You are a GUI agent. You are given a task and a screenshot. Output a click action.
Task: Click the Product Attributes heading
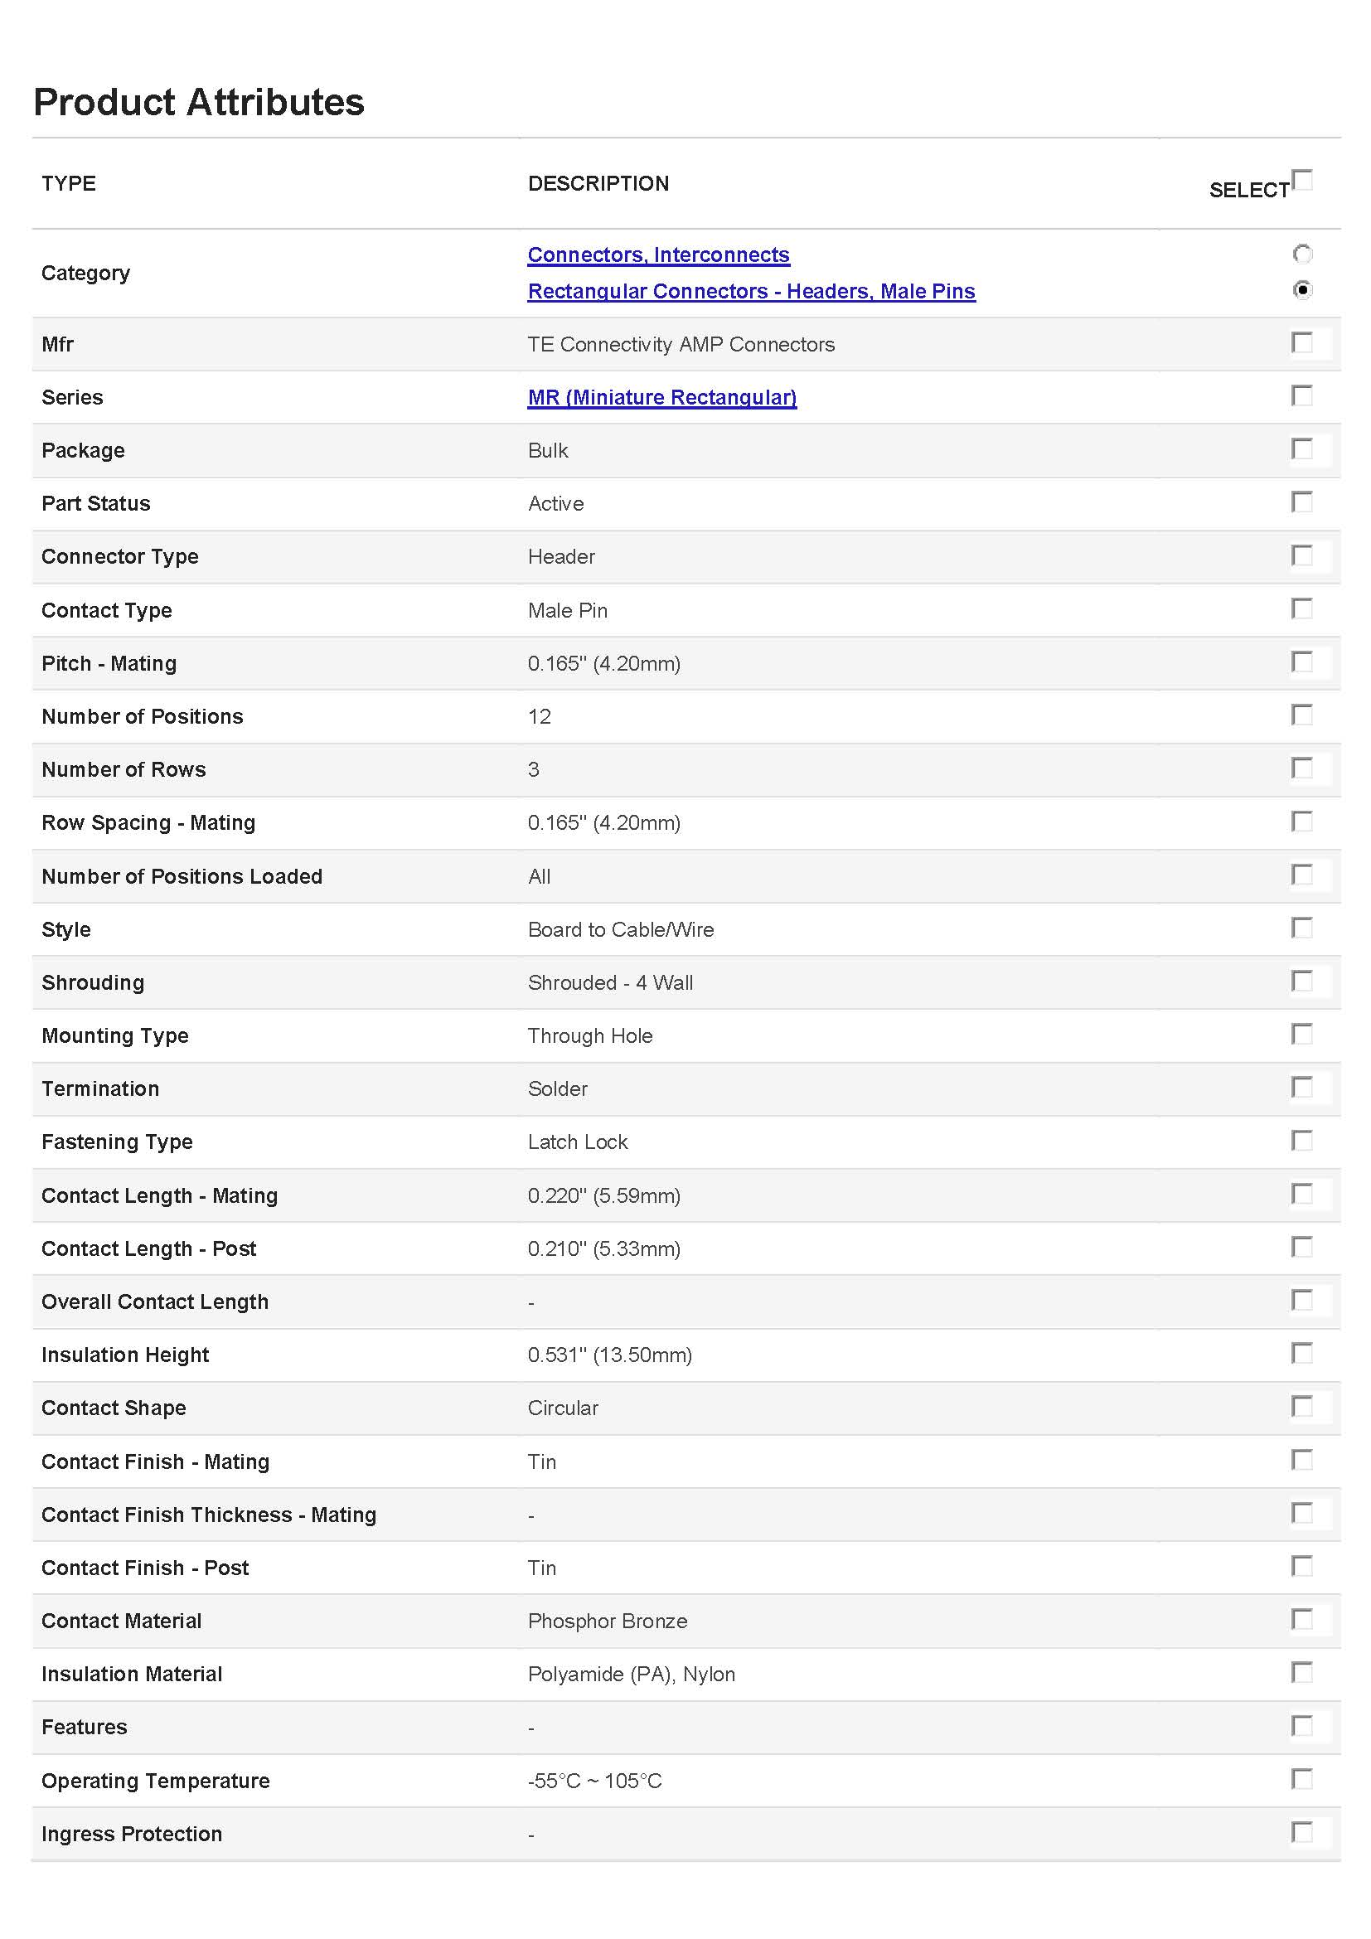[x=198, y=102]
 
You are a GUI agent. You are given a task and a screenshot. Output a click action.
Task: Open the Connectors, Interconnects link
[x=658, y=254]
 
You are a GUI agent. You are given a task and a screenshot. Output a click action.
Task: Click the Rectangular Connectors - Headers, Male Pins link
[x=751, y=291]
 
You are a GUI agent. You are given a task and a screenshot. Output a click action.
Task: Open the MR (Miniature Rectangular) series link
[x=661, y=397]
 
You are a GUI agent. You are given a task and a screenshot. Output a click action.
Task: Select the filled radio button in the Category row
[x=1303, y=289]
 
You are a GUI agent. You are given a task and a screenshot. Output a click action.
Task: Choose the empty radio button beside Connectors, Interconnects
[x=1303, y=254]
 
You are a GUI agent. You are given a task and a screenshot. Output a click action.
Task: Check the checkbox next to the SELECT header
[x=1303, y=180]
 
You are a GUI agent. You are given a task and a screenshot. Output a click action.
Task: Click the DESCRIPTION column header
[x=598, y=183]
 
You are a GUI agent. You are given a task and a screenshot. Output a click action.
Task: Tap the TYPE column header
[x=68, y=183]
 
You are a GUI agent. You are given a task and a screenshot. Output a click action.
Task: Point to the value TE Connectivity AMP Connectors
[x=681, y=345]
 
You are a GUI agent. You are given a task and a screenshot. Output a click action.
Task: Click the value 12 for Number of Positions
[x=540, y=717]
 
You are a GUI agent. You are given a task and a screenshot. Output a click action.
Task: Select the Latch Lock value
[x=578, y=1142]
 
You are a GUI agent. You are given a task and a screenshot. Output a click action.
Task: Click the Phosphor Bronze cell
[x=607, y=1621]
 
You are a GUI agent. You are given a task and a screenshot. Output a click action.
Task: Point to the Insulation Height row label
[x=125, y=1355]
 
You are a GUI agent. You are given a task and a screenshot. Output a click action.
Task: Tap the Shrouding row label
[x=93, y=983]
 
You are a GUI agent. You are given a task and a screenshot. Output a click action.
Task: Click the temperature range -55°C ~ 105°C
[x=594, y=1781]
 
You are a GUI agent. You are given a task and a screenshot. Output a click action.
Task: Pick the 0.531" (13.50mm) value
[x=609, y=1355]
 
